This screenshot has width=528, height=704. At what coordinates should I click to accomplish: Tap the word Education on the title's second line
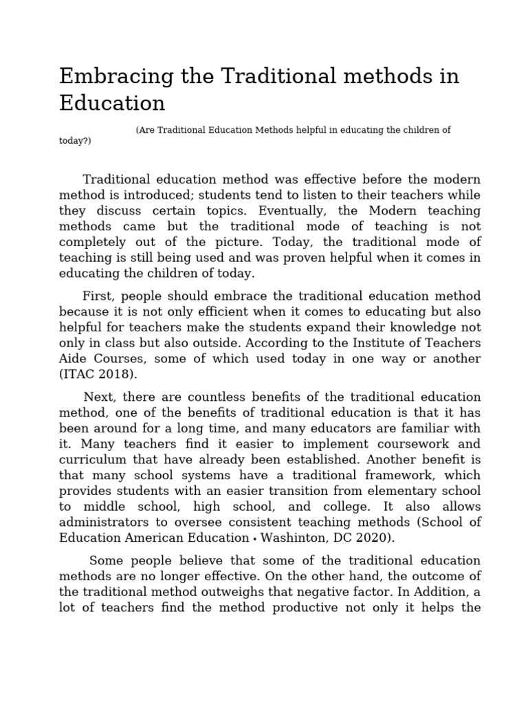(x=112, y=103)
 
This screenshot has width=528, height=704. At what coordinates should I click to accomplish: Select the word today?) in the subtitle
(x=75, y=141)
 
